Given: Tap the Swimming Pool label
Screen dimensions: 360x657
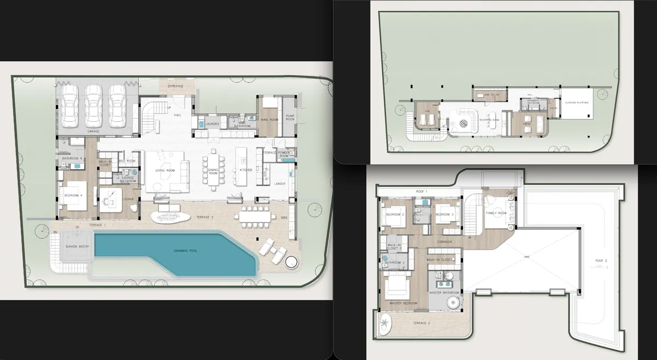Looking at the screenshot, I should tap(186, 251).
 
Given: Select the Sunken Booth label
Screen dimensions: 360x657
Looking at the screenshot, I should tap(77, 247).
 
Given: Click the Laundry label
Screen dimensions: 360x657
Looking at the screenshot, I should tap(212, 124).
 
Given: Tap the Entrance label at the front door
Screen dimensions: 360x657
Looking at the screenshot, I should tap(176, 86).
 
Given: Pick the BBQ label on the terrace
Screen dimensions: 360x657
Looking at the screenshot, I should tap(284, 218).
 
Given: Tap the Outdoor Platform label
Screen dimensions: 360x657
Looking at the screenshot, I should tap(577, 103).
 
